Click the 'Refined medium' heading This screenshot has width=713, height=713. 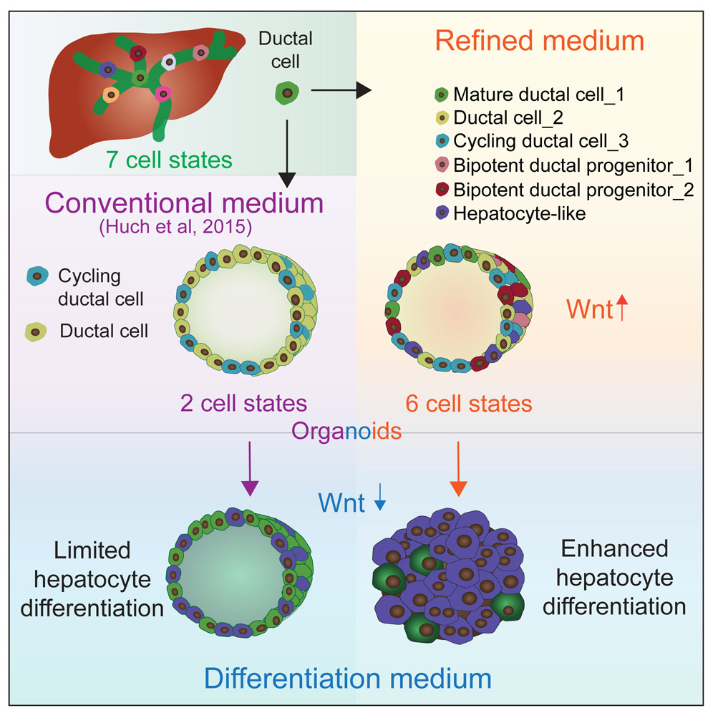(x=540, y=41)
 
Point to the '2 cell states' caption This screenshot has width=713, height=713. (x=243, y=403)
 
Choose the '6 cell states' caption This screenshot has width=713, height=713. (x=469, y=403)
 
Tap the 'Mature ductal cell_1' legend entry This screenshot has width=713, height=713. (x=545, y=94)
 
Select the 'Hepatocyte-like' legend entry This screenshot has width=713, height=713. (x=520, y=213)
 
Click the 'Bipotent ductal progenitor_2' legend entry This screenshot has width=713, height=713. (x=573, y=189)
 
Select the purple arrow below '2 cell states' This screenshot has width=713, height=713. (x=248, y=469)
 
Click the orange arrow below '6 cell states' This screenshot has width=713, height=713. (x=458, y=469)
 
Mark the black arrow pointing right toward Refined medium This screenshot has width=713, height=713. (x=342, y=89)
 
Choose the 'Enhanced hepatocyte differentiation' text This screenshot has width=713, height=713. (x=614, y=578)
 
